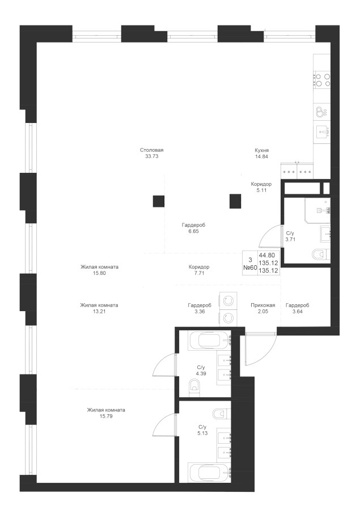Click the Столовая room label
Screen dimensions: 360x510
[152, 150]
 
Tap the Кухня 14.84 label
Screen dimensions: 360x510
[262, 153]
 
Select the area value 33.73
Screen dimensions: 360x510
[152, 156]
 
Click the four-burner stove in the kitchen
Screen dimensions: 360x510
[322, 80]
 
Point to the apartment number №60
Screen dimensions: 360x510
[251, 267]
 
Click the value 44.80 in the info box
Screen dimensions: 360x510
[269, 256]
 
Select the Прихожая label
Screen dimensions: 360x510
[263, 305]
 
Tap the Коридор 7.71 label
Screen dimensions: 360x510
[199, 270]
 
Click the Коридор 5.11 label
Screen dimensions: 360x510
[261, 187]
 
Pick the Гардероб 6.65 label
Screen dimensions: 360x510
[193, 228]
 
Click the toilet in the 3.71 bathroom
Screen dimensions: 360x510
[321, 254]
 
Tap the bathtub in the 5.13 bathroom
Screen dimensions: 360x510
[210, 471]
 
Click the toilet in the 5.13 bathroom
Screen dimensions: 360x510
[221, 414]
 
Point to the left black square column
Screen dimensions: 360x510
[159, 201]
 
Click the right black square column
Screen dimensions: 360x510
[235, 201]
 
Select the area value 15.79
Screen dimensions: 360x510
[106, 416]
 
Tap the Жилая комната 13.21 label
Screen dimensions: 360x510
[99, 308]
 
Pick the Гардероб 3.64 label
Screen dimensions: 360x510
[298, 308]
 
